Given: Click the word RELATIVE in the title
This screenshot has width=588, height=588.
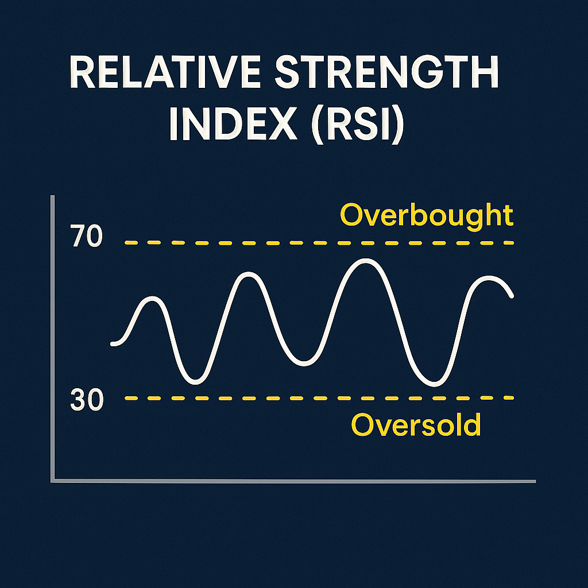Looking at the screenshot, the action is [165, 72].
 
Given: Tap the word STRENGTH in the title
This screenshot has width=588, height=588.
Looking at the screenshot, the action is [387, 72].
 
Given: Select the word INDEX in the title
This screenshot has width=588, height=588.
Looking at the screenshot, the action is [233, 123].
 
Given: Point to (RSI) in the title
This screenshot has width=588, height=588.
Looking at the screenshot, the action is [358, 124].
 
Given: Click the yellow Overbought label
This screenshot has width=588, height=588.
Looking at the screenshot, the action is [427, 216].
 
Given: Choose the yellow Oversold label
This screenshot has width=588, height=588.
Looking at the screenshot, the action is [416, 425].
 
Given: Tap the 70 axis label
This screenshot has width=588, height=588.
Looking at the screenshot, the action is [86, 235].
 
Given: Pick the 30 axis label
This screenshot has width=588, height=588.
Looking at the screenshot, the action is [87, 400].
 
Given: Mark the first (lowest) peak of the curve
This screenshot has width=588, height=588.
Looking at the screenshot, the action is [152, 299].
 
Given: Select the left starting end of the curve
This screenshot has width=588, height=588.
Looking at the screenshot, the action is [113, 343].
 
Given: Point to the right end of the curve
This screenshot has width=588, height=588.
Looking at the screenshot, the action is [511, 296].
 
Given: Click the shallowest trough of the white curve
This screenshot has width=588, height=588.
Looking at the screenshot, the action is [304, 363].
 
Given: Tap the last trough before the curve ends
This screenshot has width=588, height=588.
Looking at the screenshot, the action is [434, 384].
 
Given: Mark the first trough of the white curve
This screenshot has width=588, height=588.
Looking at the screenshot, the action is [195, 382].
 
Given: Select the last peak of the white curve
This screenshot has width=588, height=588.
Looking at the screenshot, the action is [489, 278].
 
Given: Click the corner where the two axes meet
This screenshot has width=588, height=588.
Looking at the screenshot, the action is [52, 481].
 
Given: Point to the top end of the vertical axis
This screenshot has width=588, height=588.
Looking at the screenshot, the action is [52, 196].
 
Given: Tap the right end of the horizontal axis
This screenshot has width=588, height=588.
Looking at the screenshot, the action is [535, 481].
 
